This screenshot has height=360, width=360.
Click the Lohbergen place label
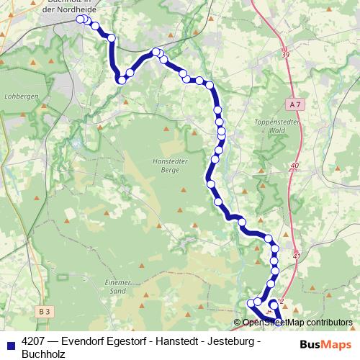click(x=17, y=94)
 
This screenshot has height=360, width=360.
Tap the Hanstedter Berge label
click(x=171, y=166)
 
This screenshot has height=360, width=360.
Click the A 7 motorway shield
click(x=293, y=104)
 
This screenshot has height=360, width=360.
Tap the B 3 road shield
click(x=45, y=310)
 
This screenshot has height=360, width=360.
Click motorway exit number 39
click(x=287, y=55)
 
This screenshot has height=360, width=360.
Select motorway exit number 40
click(x=294, y=166)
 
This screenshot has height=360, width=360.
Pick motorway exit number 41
click(x=296, y=255)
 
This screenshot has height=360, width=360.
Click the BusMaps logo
click(x=326, y=344)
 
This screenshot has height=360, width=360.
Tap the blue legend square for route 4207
click(x=10, y=343)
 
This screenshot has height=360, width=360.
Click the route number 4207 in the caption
click(x=36, y=343)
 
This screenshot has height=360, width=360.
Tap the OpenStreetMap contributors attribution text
click(x=297, y=323)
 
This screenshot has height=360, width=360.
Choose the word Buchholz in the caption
click(x=43, y=354)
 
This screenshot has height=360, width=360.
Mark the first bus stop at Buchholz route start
click(x=81, y=19)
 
